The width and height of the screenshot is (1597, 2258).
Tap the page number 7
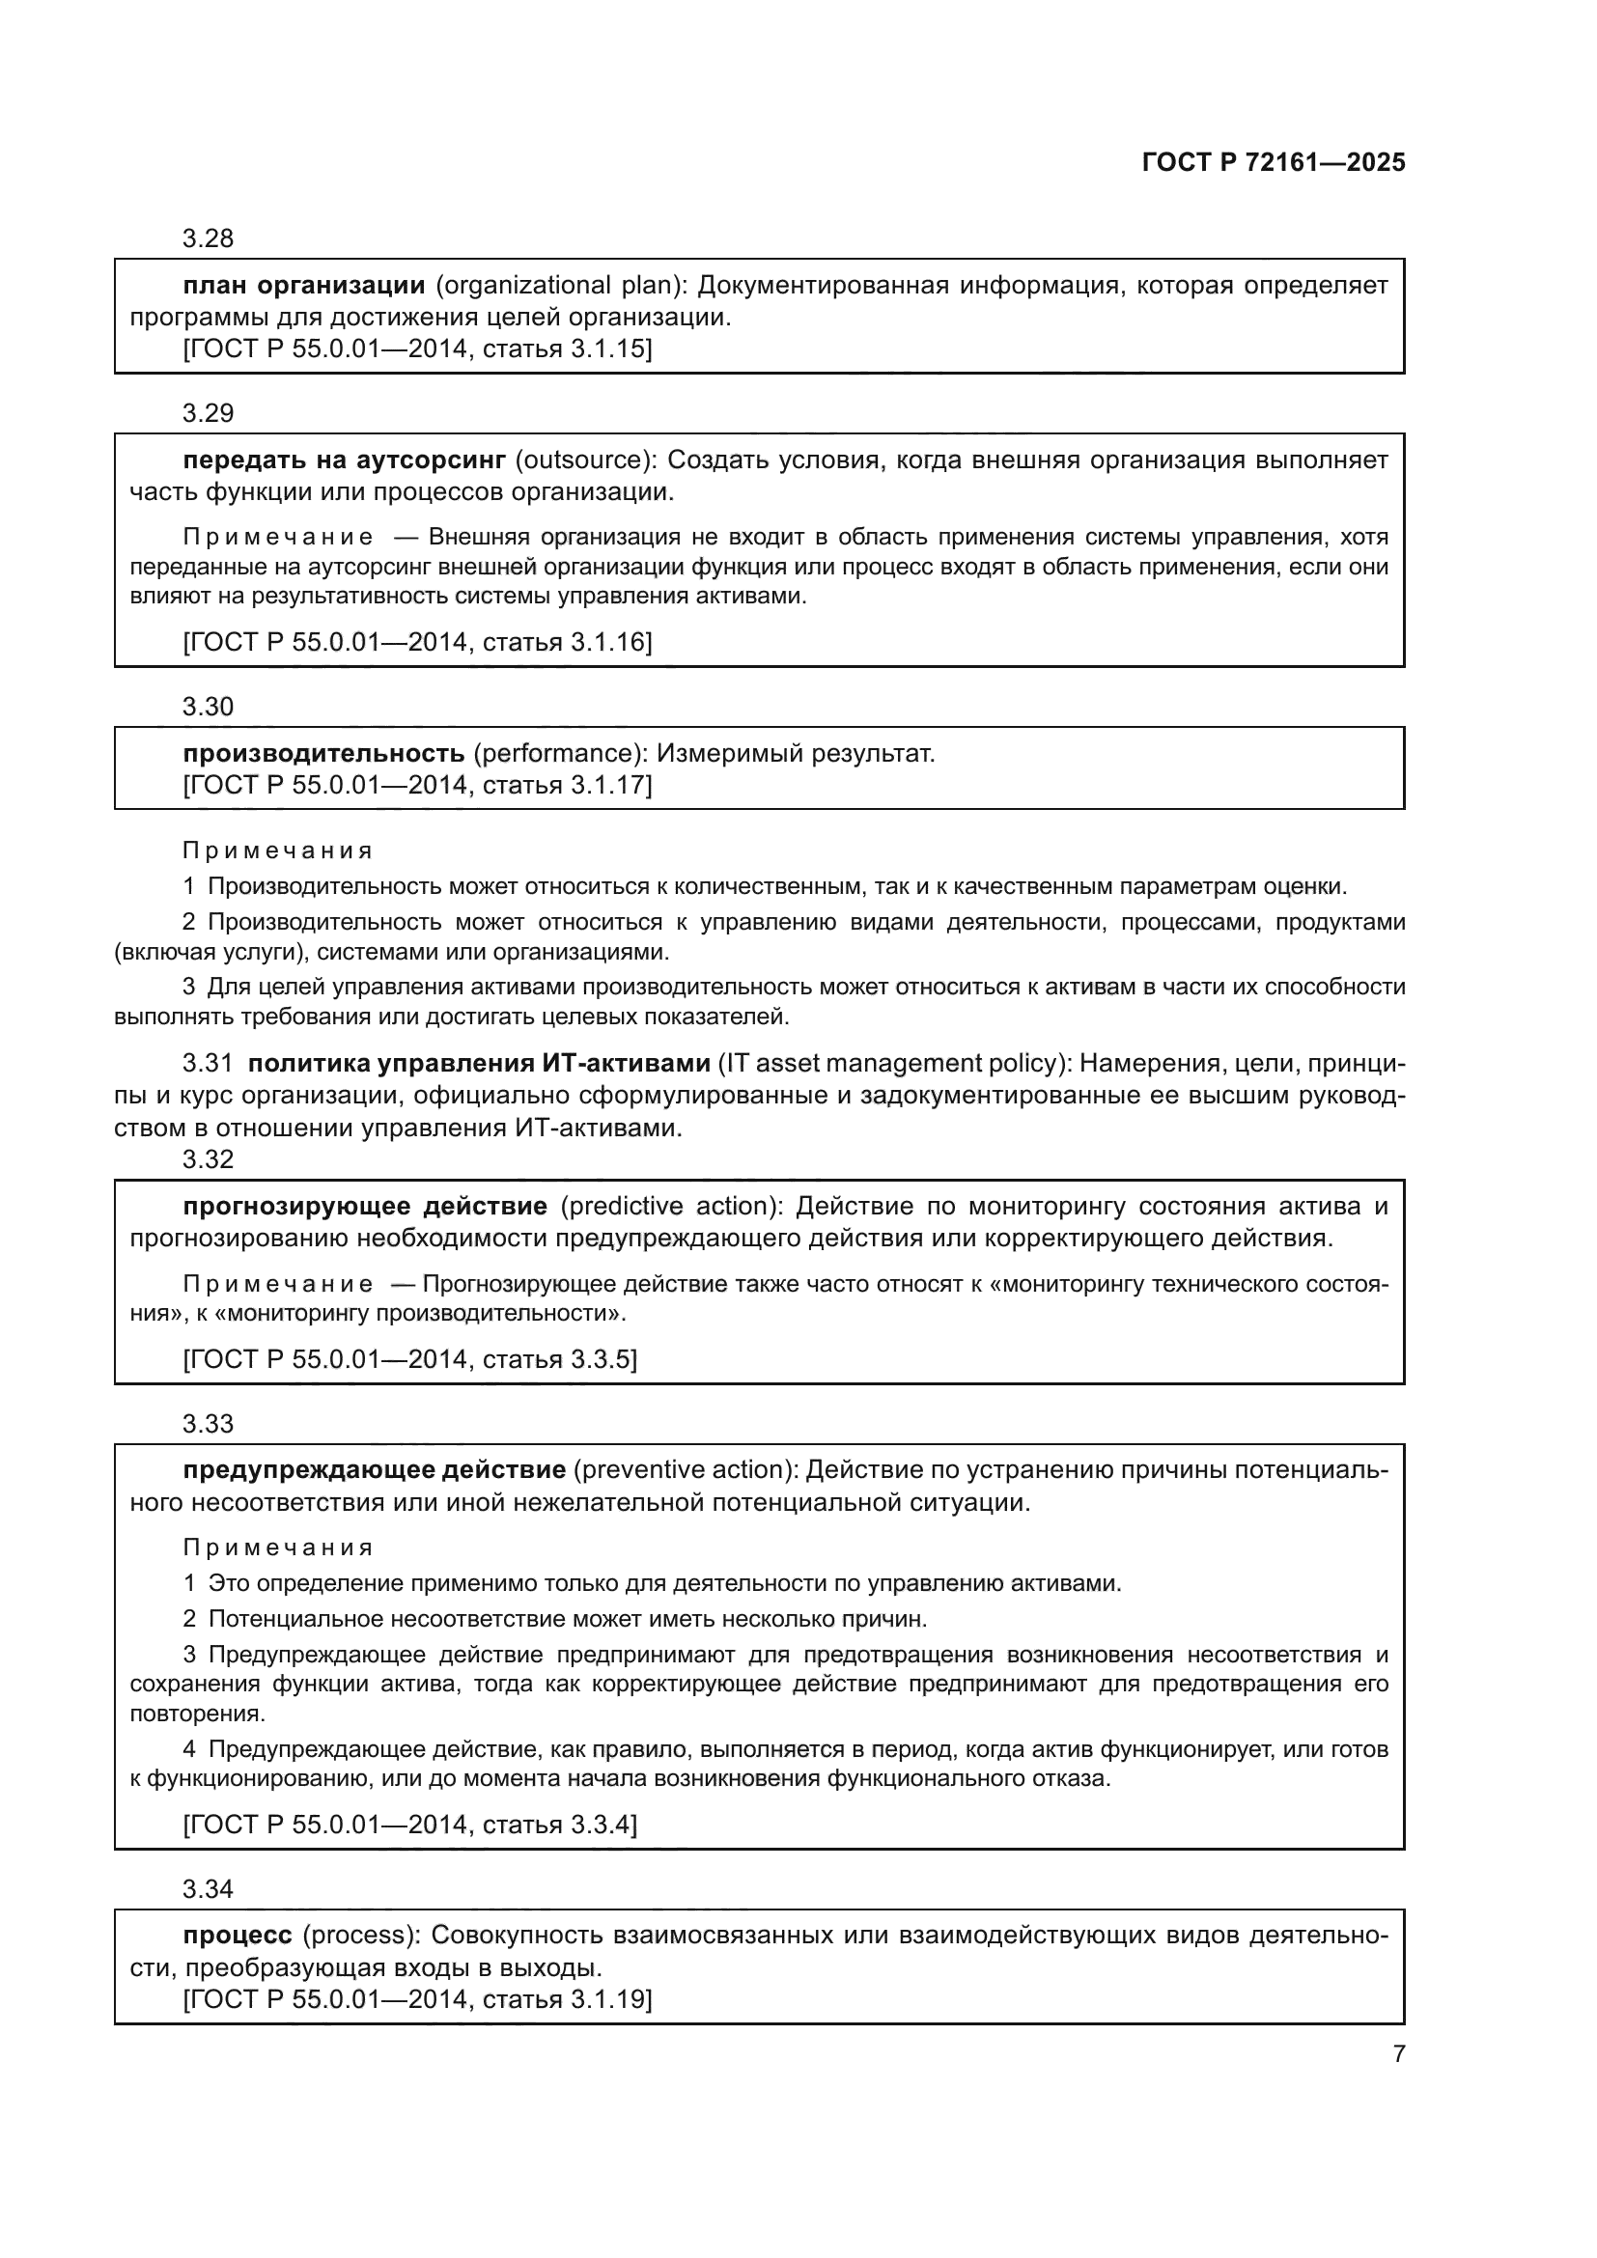1398,2053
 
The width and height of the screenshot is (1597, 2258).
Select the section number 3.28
208,238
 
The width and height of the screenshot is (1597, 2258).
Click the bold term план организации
304,285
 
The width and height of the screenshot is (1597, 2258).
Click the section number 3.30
208,706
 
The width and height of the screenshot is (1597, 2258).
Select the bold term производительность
323,753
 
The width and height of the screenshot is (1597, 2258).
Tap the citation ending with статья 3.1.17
417,785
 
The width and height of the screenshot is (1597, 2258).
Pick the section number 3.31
208,1063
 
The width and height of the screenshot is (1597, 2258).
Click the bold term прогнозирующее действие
365,1206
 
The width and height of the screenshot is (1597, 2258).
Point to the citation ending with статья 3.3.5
410,1359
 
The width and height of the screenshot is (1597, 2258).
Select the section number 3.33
208,1423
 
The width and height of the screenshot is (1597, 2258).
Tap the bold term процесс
237,1935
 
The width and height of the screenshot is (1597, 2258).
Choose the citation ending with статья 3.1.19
417,1998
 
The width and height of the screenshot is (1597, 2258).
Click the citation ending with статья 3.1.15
417,348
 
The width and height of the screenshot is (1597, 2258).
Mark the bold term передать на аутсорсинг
344,460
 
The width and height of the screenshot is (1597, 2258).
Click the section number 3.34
208,1888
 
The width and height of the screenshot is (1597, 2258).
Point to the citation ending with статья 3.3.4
410,1825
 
